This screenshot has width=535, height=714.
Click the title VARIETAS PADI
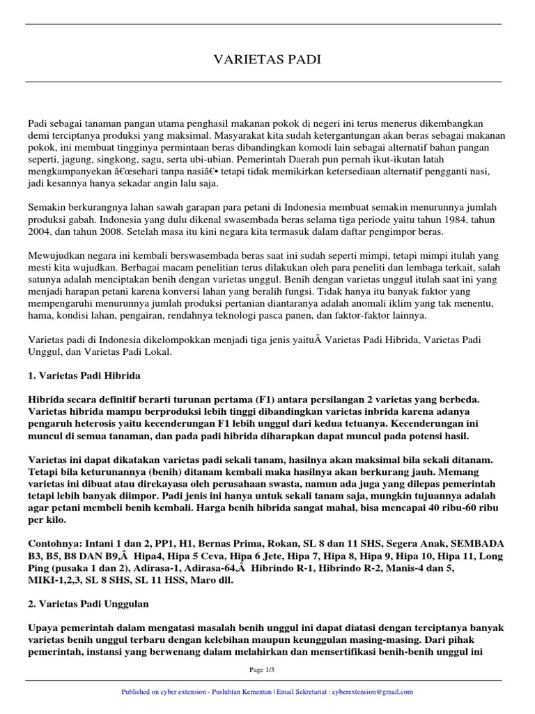tap(267, 60)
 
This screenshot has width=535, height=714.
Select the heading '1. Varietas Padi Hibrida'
tap(84, 375)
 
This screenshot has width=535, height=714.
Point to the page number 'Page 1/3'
tap(267, 670)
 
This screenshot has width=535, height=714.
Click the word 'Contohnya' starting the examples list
tap(53, 543)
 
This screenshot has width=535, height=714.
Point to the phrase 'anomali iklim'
tap(369, 304)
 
